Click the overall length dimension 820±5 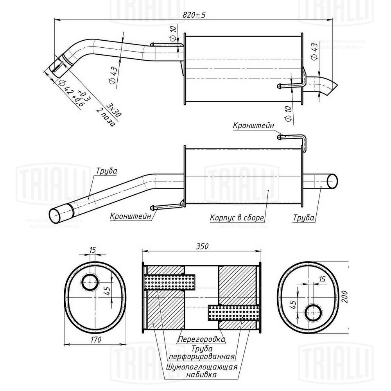(x=194, y=14)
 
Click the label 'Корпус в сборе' (x=237, y=217)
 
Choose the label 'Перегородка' (x=201, y=339)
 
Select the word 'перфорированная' (x=202, y=357)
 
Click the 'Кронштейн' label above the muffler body (x=253, y=126)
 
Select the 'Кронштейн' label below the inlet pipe (x=130, y=216)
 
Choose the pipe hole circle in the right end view (x=314, y=312)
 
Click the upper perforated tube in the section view (x=170, y=282)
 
